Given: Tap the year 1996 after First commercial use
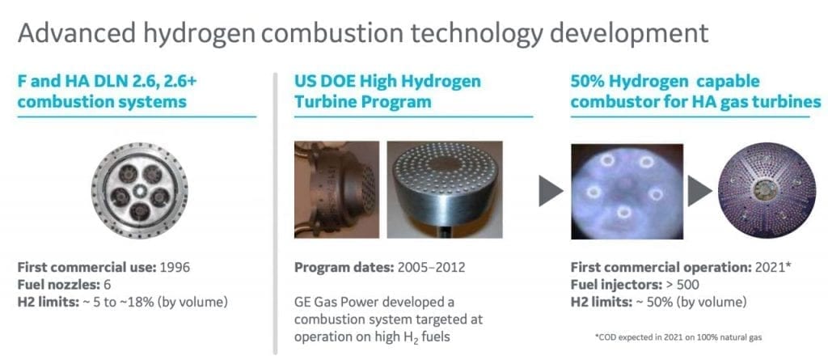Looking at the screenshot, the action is click(173, 268).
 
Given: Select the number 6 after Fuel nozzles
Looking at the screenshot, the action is click(108, 285).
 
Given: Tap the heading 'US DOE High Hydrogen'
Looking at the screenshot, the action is click(388, 83).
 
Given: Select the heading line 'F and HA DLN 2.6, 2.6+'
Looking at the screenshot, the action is click(108, 83).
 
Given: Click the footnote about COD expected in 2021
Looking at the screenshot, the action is click(678, 337).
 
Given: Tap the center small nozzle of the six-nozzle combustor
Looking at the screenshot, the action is click(140, 189).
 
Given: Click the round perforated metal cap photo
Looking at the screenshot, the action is click(445, 188).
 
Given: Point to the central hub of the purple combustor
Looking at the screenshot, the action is click(766, 190).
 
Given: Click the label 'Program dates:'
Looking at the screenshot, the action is click(343, 268).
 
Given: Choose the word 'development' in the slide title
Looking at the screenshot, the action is click(628, 34).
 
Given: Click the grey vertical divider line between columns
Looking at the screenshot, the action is click(275, 213).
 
